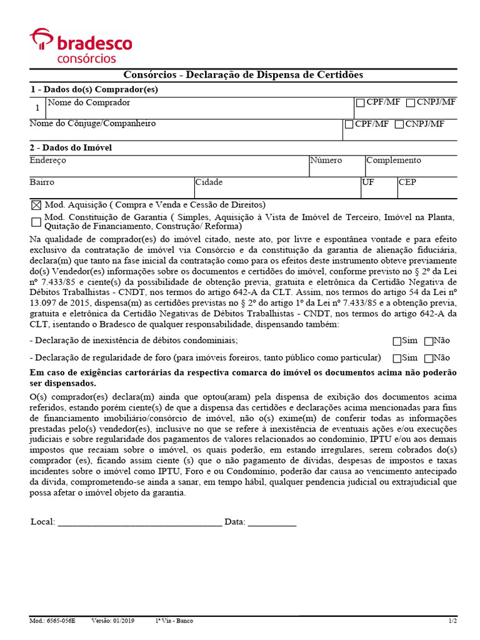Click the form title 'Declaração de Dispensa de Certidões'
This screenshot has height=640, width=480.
(271, 75)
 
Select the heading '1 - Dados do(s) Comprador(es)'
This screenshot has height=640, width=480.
(94, 89)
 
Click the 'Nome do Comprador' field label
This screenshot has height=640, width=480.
(89, 102)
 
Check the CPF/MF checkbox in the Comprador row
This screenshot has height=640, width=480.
(360, 102)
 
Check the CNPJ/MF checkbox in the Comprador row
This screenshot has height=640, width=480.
(411, 102)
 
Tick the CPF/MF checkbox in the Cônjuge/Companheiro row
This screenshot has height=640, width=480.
(349, 124)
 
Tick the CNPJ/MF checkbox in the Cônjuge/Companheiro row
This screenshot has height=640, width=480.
(399, 124)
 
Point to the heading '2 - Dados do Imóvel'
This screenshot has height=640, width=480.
(71, 148)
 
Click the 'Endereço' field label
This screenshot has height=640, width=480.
(47, 161)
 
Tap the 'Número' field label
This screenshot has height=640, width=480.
(326, 161)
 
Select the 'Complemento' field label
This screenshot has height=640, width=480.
(394, 161)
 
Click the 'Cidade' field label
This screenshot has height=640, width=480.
(209, 182)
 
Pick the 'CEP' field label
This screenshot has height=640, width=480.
(407, 182)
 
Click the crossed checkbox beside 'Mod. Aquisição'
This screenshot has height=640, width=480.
(36, 205)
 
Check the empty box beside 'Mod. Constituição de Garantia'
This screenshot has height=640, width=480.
(36, 222)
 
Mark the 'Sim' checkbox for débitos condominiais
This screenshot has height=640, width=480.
(397, 341)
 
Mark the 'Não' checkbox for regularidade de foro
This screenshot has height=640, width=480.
(429, 359)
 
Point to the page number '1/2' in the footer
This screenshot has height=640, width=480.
(452, 621)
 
